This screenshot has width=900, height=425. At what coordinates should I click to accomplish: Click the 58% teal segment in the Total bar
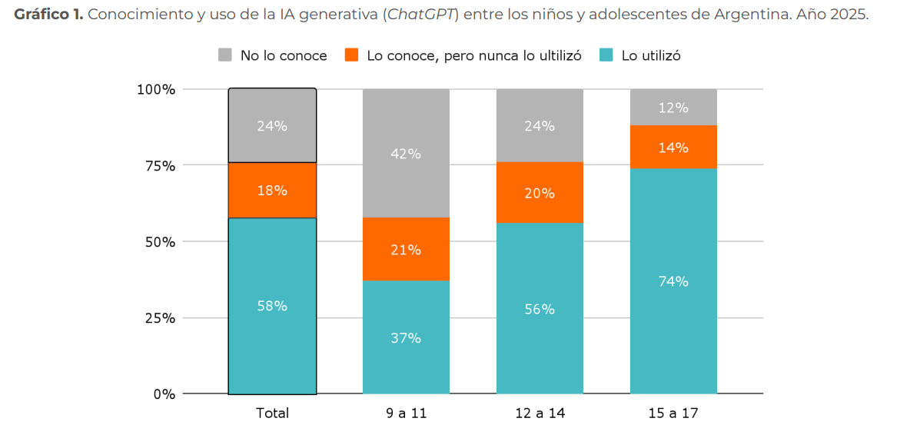pyautogui.click(x=272, y=306)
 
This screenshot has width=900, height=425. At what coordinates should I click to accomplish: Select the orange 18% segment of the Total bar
pyautogui.click(x=272, y=190)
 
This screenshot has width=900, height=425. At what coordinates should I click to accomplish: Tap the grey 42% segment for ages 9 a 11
pyautogui.click(x=406, y=153)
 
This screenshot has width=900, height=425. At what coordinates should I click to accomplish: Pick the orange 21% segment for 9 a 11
pyautogui.click(x=406, y=249)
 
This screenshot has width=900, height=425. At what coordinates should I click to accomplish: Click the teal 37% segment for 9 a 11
pyautogui.click(x=406, y=337)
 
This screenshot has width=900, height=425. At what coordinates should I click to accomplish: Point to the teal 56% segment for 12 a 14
pyautogui.click(x=540, y=308)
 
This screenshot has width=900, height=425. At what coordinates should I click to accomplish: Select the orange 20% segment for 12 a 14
pyautogui.click(x=540, y=192)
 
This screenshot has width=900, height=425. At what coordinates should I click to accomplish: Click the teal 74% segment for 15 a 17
pyautogui.click(x=673, y=281)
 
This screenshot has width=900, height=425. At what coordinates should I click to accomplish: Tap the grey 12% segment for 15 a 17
pyautogui.click(x=673, y=108)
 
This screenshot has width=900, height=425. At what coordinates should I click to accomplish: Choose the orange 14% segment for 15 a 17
pyautogui.click(x=673, y=147)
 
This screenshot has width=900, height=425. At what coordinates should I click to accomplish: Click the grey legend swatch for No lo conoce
pyautogui.click(x=225, y=55)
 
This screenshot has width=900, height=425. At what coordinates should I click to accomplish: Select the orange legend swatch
pyautogui.click(x=352, y=55)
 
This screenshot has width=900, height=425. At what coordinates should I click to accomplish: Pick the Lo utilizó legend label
pyautogui.click(x=651, y=55)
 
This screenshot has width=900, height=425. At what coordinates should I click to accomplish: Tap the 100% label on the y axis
pyautogui.click(x=156, y=89)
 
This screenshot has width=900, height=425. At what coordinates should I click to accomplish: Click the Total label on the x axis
pyautogui.click(x=272, y=413)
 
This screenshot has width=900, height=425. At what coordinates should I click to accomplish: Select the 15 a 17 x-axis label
pyautogui.click(x=673, y=413)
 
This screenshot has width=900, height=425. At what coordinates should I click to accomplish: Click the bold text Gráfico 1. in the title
pyautogui.click(x=48, y=15)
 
